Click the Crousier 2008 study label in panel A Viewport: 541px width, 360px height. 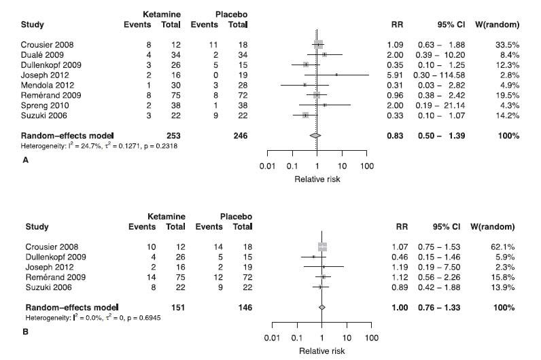[46, 46]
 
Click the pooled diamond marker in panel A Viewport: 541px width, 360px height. [316, 136]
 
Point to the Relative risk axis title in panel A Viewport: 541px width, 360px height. [316, 179]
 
